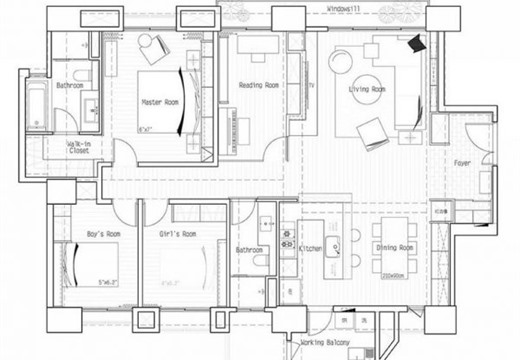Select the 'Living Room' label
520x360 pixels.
(x=367, y=91)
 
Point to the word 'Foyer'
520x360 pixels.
(x=462, y=162)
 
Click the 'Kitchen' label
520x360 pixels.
(x=310, y=249)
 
